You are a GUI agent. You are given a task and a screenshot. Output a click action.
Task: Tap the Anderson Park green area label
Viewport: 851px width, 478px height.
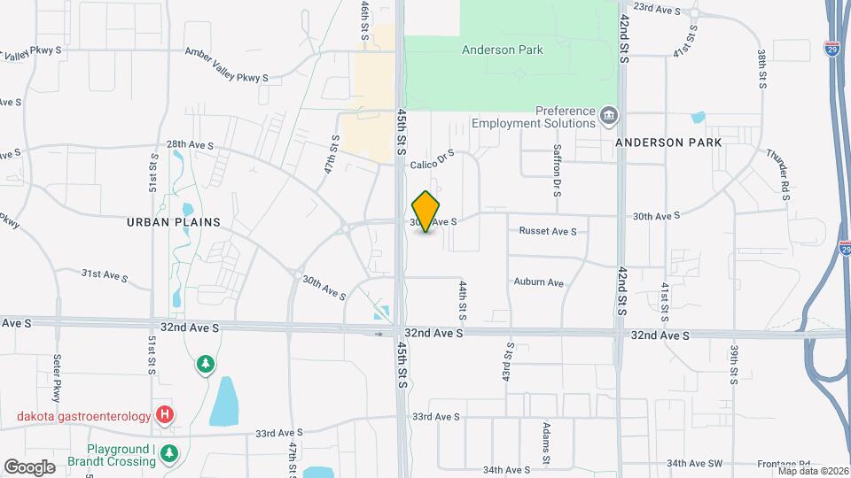coord(502,50)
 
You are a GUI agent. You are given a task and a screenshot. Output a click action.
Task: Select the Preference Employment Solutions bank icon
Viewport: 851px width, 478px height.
coord(609,115)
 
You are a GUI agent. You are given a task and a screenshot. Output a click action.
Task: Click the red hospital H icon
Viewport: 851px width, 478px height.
coord(164,414)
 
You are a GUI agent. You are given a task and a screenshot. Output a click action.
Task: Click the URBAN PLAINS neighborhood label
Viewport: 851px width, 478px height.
coord(173,221)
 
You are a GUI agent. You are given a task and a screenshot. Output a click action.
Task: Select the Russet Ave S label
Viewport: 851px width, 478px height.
coord(548,232)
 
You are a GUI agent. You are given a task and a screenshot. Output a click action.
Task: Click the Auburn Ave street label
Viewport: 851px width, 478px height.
coord(539,282)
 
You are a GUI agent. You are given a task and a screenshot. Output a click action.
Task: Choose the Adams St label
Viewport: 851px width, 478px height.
coord(547,443)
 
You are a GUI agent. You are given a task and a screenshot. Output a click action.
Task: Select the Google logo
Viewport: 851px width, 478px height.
coord(29,466)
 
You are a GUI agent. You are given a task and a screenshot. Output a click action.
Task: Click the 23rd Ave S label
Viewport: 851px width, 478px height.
coord(657,10)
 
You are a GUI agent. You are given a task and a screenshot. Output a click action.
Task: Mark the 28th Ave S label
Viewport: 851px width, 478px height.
coord(191,144)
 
